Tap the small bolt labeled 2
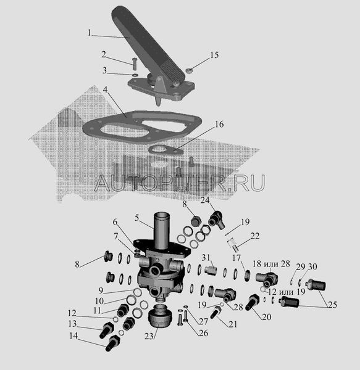click(135, 64)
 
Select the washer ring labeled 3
click(135, 75)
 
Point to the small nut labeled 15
click(188, 70)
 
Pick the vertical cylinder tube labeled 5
click(161, 230)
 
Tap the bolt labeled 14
click(112, 343)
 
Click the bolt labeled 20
click(253, 302)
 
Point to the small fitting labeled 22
click(232, 244)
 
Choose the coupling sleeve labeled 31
click(211, 269)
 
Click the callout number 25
click(332, 305)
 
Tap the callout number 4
click(105, 89)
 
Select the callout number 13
click(72, 324)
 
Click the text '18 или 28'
click(271, 263)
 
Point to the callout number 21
click(233, 324)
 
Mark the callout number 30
click(312, 266)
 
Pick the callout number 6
click(115, 222)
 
